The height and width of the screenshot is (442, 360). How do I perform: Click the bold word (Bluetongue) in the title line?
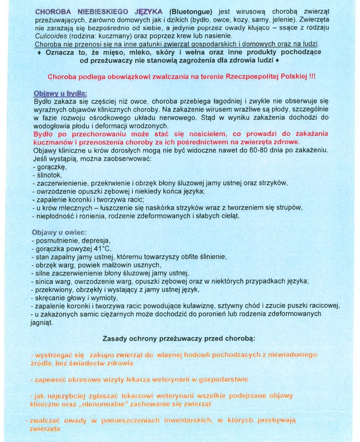coord(191,12)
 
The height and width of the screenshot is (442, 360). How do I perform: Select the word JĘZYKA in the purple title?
coord(148,12)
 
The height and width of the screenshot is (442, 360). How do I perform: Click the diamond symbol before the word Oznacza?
coord(39,52)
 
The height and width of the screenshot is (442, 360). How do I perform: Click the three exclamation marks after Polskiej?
coord(312,77)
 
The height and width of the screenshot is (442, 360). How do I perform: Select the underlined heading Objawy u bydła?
coord(60,94)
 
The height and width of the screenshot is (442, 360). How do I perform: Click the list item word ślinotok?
coord(49,175)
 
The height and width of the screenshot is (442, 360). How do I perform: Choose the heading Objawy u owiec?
coord(59,232)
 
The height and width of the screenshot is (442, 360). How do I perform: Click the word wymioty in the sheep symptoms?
coord(106,298)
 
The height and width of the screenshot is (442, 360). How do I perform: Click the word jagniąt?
coord(42,322)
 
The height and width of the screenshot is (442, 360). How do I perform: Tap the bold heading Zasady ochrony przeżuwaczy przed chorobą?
coord(179,339)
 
